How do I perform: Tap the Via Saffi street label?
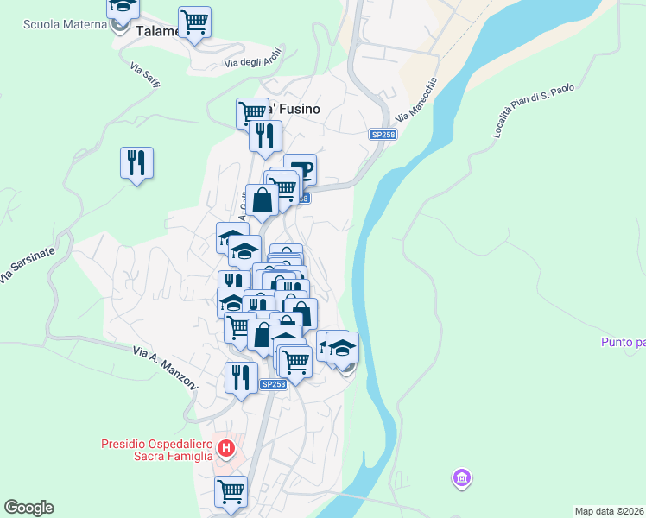[x=145, y=78]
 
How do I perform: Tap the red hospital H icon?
[x=226, y=448]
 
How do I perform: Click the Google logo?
[x=28, y=508]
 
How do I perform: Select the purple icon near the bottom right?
[x=462, y=477]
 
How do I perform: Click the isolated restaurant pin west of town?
[x=136, y=163]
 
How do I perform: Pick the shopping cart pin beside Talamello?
[x=194, y=22]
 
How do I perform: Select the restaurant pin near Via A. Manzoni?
[x=241, y=378]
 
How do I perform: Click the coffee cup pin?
[x=301, y=167]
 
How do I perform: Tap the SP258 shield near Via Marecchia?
[x=383, y=135]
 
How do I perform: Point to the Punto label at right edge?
[x=624, y=343]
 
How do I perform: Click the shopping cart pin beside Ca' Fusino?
[x=252, y=112]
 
